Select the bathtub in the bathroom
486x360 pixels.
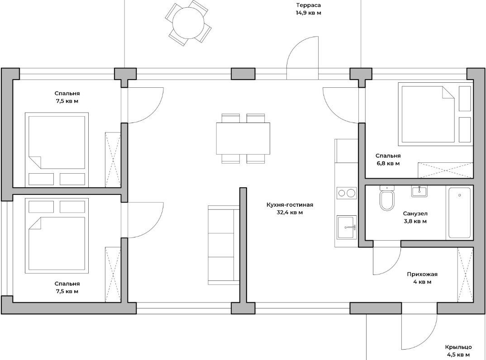(x=459, y=213)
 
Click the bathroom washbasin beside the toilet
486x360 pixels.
(x=419, y=191)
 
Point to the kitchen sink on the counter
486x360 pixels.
(x=347, y=227)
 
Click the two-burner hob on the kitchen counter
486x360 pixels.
(x=347, y=193)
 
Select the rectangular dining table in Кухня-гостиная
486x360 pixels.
(x=243, y=138)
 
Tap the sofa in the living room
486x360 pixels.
(x=224, y=245)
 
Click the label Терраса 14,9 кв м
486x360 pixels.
(x=308, y=9)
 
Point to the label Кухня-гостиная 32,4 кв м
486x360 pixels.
(x=290, y=208)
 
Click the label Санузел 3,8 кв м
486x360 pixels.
(x=415, y=217)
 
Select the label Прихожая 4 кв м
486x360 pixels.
(x=422, y=278)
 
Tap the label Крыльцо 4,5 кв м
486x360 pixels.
(x=458, y=351)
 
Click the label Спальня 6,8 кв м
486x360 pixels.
(x=388, y=159)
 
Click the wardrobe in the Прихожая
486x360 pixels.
(x=466, y=275)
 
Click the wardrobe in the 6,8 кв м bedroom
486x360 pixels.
(x=445, y=170)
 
